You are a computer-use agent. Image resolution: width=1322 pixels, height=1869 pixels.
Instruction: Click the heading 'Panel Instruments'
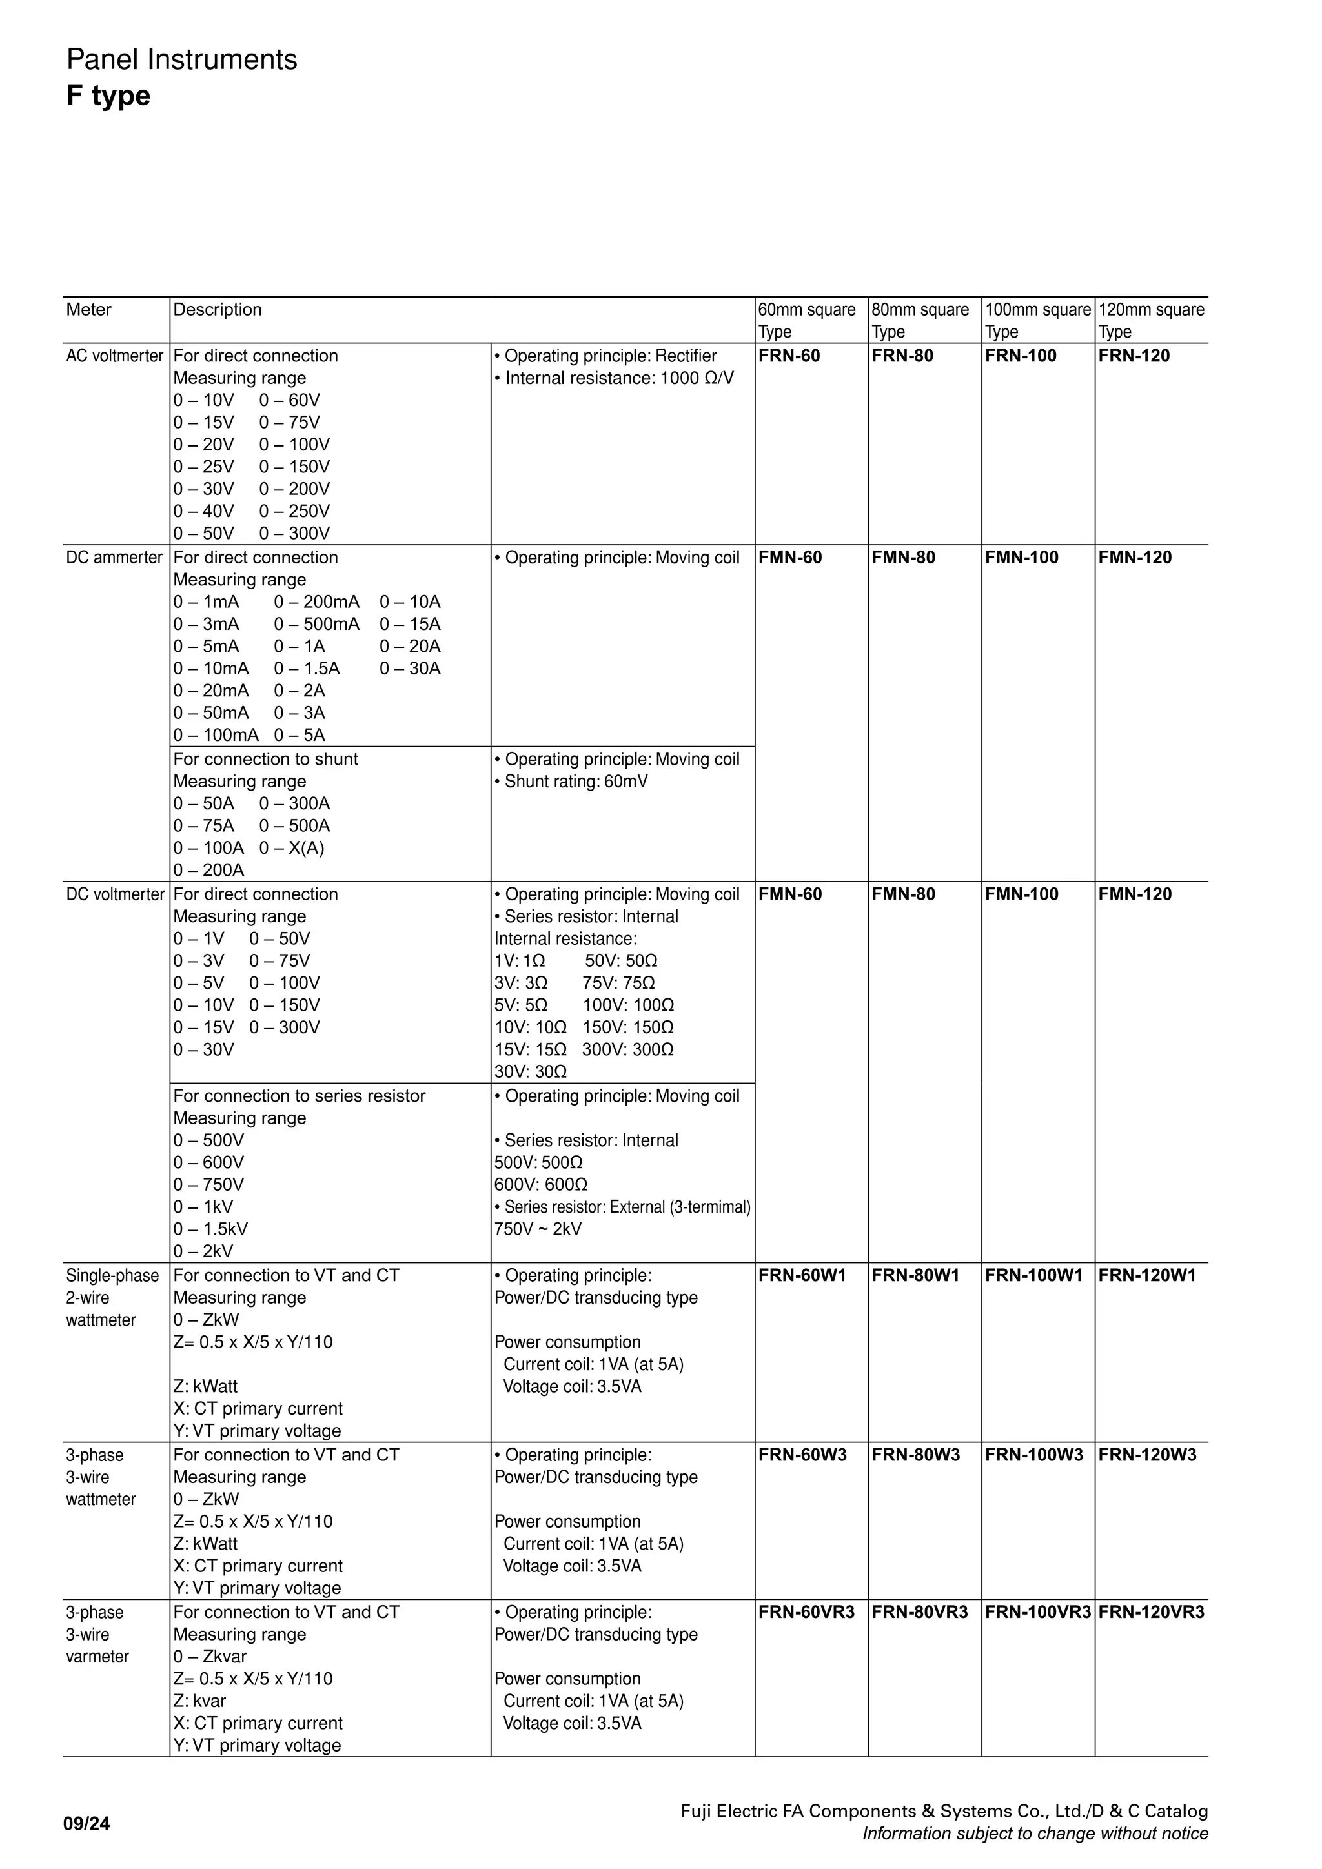pyautogui.click(x=181, y=59)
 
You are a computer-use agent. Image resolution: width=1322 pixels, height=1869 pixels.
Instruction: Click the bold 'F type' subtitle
pyautogui.click(x=108, y=96)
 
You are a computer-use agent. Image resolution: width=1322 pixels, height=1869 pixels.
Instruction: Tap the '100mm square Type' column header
pyautogui.click(x=1037, y=320)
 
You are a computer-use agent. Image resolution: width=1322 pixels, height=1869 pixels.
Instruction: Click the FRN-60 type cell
pyautogui.click(x=789, y=356)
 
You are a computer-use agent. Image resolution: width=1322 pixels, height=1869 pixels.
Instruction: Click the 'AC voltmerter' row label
pyautogui.click(x=115, y=356)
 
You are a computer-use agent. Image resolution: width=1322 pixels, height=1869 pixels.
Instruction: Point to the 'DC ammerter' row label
pyautogui.click(x=114, y=558)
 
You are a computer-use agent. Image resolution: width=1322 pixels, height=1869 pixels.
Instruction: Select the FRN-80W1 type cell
pyautogui.click(x=915, y=1275)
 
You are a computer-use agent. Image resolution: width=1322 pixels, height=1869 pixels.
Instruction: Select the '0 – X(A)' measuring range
pyautogui.click(x=291, y=847)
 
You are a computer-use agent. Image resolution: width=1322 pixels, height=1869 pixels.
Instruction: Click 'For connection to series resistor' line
pyautogui.click(x=299, y=1096)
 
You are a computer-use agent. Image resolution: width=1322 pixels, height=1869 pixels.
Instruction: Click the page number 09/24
pyautogui.click(x=86, y=1823)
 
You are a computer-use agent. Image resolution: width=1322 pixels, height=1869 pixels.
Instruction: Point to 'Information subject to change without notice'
pyautogui.click(x=1035, y=1834)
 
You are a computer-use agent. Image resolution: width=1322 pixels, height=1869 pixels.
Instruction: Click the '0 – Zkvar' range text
pyautogui.click(x=209, y=1657)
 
